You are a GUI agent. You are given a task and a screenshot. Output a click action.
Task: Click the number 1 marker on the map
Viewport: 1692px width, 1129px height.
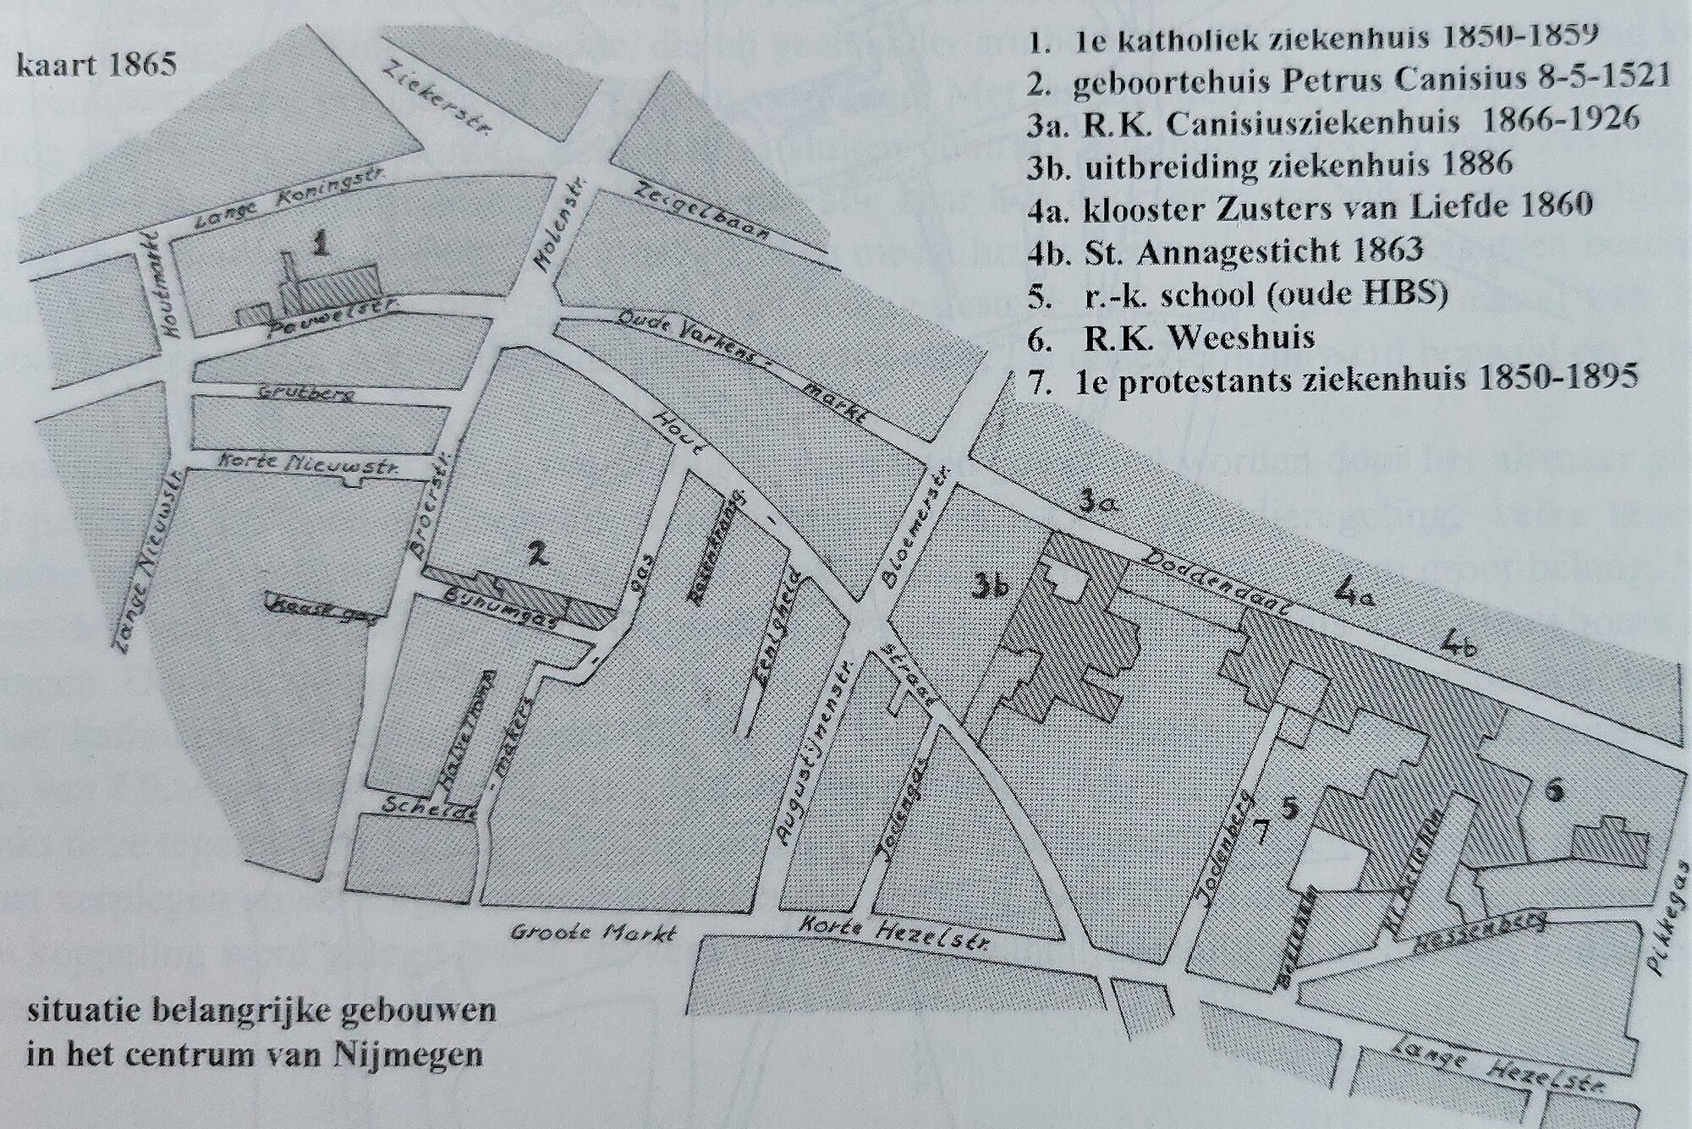click(320, 245)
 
